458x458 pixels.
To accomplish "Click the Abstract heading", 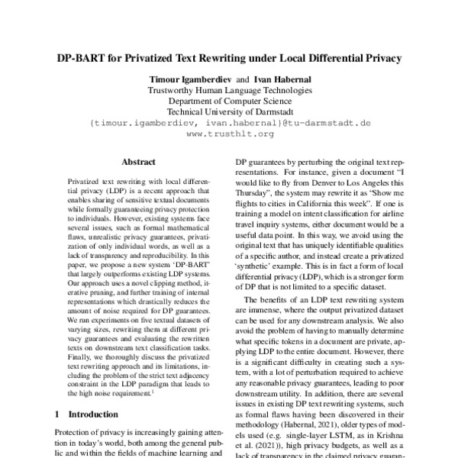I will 138,162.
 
